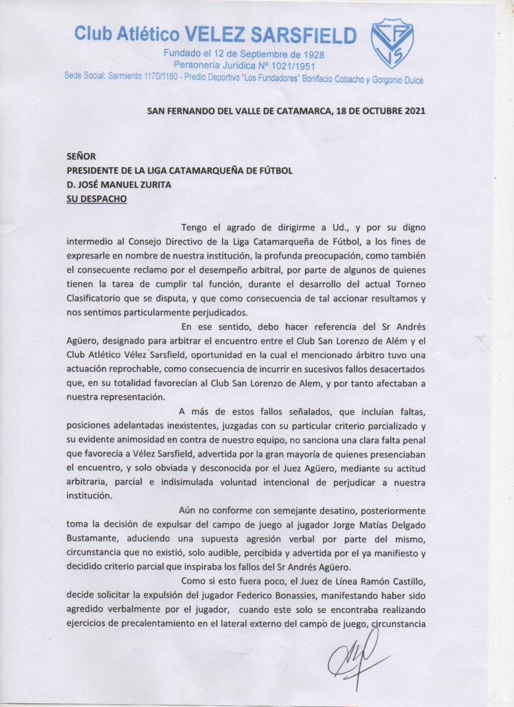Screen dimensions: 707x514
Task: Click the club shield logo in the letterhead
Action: click(392, 43)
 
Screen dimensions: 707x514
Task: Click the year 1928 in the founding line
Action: click(309, 54)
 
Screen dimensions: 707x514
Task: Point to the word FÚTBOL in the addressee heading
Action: click(276, 171)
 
